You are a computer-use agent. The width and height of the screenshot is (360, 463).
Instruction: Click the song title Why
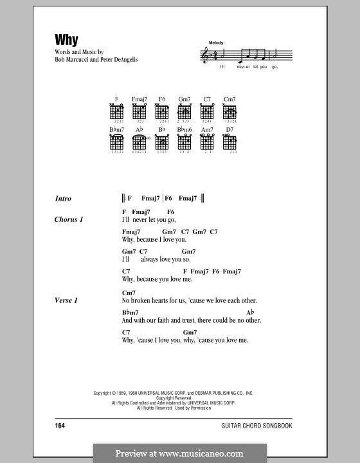66,40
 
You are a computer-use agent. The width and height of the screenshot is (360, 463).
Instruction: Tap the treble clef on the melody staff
206,56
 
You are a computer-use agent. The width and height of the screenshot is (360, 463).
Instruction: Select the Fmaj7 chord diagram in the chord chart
139,111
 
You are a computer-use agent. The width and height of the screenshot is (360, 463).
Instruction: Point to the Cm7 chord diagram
230,111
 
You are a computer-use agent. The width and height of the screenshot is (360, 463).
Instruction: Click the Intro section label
63,199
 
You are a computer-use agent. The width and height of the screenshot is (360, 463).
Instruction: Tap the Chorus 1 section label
69,220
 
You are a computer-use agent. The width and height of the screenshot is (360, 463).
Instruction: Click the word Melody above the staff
217,42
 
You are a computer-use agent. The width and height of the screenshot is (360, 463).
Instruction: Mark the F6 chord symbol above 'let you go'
170,212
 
